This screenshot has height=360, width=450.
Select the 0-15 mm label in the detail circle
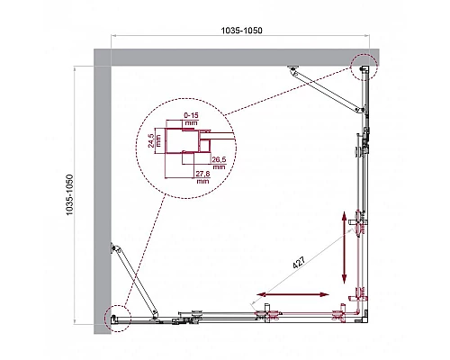point(190,117)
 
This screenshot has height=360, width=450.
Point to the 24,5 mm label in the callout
point(154,139)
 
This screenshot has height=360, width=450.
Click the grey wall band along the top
point(234,57)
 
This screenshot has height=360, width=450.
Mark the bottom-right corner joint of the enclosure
point(362,312)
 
